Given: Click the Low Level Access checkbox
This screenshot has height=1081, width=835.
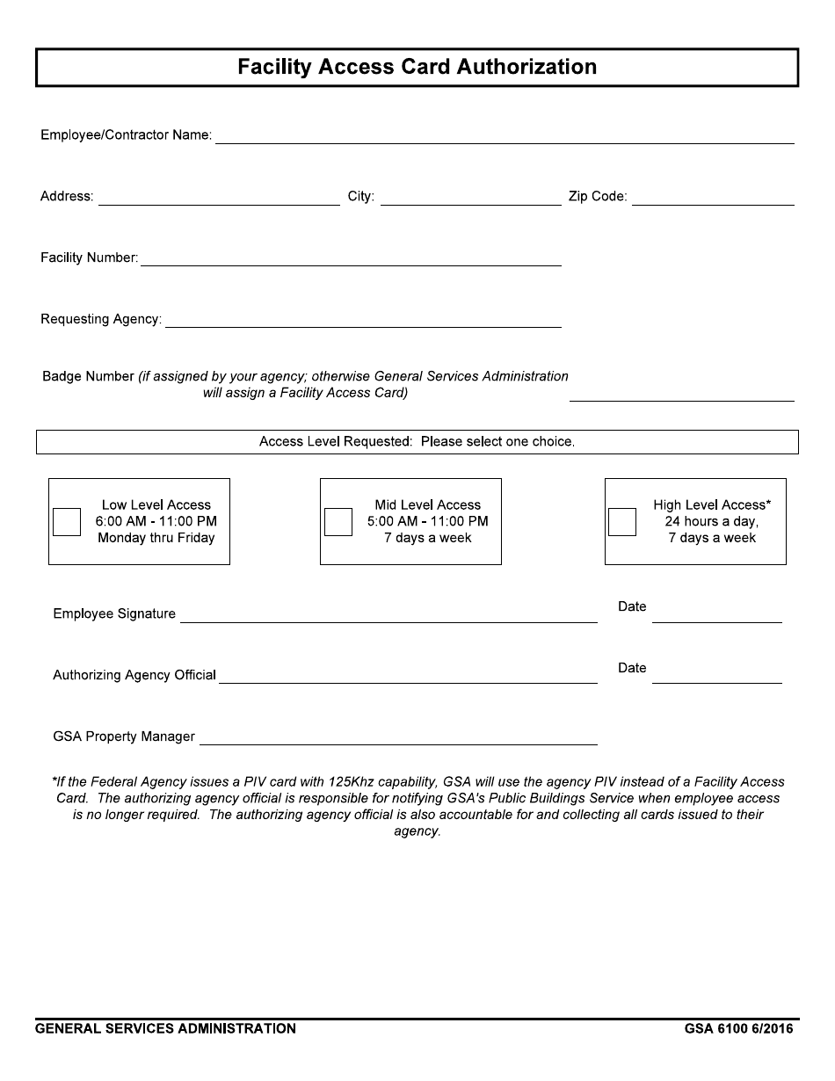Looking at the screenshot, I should coord(67,521).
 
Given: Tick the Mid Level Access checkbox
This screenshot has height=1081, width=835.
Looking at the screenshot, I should coord(338,521).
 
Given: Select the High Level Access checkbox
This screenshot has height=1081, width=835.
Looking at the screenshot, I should coord(622,521).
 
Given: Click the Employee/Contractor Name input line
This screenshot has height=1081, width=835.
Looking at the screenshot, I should coord(505,135).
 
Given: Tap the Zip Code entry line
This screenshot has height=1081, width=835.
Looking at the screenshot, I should coord(713,197).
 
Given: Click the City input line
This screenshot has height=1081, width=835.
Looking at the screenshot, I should coord(470,197).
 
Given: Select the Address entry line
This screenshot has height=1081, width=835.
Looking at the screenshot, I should coord(219,197).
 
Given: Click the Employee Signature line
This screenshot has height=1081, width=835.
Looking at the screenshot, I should coord(388,614).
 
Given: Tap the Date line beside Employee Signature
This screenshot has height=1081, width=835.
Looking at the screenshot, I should coord(716,614).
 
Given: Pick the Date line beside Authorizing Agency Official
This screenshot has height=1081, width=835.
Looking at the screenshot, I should coord(716,675).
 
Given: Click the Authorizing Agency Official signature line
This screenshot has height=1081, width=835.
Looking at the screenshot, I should coord(408,675).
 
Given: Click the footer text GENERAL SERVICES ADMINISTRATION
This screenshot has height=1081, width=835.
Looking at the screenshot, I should coord(165,1028).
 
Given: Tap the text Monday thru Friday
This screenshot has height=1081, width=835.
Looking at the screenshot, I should coord(156,538).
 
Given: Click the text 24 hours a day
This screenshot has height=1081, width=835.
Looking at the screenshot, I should coord(711,521).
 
